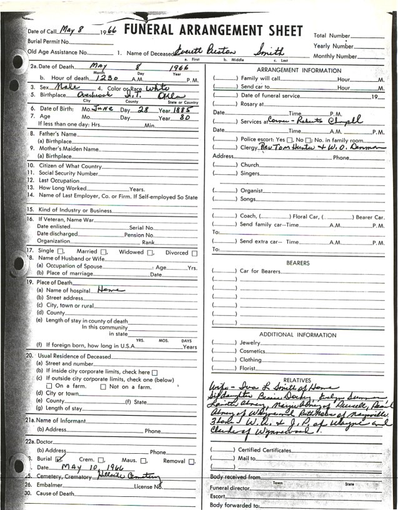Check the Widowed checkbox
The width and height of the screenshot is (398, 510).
(x=151, y=253)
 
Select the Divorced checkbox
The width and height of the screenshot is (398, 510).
(x=195, y=253)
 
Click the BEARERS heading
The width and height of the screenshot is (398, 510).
(x=297, y=263)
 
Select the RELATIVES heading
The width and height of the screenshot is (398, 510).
(x=297, y=379)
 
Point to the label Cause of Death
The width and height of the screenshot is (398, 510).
(x=57, y=493)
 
